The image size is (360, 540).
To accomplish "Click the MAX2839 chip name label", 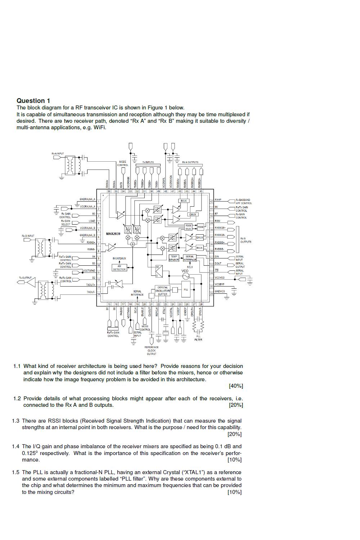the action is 113,234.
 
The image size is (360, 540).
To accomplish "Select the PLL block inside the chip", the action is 186,290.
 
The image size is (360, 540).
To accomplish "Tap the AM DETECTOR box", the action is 119,268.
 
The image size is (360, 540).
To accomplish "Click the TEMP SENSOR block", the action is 174,258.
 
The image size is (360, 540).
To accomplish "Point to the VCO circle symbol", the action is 186,276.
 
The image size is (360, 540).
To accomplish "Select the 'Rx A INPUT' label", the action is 58,154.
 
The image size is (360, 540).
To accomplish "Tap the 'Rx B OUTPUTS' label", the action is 246,240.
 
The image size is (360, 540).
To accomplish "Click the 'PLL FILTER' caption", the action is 198,338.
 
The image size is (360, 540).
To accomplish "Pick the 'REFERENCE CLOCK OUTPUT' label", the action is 152,351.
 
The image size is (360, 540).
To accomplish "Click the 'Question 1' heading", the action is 33,101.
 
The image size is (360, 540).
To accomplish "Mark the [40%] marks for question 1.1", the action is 236,386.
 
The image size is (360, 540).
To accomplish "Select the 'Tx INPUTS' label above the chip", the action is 148,162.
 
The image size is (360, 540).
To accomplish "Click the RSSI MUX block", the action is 188,227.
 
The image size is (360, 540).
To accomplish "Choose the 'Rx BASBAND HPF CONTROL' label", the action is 244,201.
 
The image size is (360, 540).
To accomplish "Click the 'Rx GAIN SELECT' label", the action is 66,222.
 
